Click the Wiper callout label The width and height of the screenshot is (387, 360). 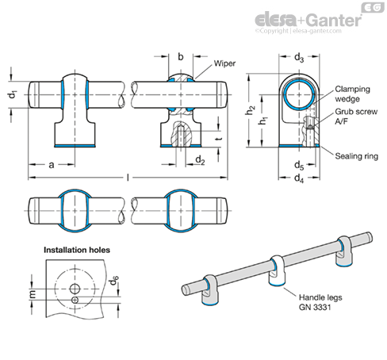[x=224, y=63]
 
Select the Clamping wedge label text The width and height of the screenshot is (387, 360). [x=352, y=94]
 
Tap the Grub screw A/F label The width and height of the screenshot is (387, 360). [x=356, y=117]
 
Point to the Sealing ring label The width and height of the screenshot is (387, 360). [x=357, y=156]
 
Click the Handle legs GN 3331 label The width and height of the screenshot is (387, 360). [x=320, y=302]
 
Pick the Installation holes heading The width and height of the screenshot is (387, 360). [x=77, y=250]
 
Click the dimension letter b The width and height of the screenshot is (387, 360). [x=181, y=56]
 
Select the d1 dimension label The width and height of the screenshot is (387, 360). [x=13, y=94]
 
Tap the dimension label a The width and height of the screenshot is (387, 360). [x=52, y=165]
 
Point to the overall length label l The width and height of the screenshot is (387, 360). [x=128, y=178]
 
